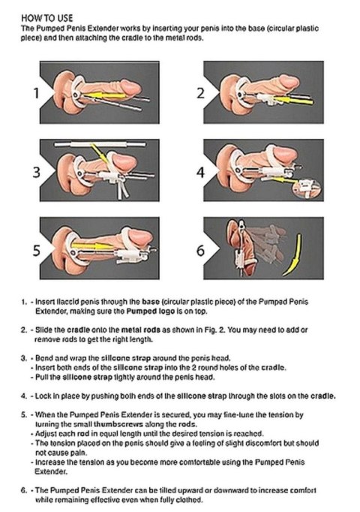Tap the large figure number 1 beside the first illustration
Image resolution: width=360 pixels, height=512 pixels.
pyautogui.click(x=34, y=94)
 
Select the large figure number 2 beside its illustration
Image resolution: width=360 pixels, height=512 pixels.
pyautogui.click(x=200, y=94)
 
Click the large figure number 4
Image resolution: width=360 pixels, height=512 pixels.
pyautogui.click(x=200, y=173)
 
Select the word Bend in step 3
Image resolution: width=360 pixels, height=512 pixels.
pyautogui.click(x=44, y=357)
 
